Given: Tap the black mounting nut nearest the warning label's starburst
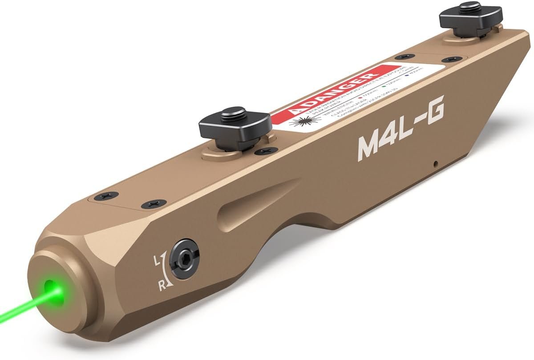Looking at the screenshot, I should click(x=235, y=125).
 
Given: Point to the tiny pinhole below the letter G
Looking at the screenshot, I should click(x=437, y=163).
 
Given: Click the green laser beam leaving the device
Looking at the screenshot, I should click(x=18, y=307).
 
